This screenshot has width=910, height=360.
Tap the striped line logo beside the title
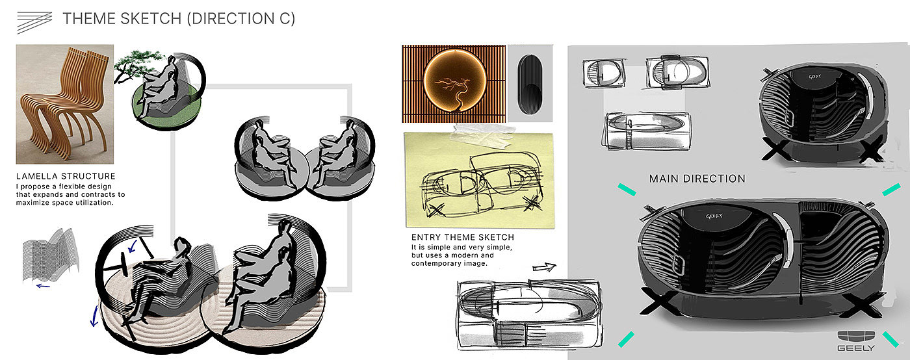pos(34,22)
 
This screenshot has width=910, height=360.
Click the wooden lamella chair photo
pos(65,104)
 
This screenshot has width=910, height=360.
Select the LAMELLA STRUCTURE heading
pos(66,176)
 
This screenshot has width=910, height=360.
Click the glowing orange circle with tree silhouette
pos(454,81)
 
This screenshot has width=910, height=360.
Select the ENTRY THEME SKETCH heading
pos(463,237)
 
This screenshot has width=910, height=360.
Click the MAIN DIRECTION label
pos(697,179)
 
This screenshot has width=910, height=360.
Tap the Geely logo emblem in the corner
pos(856,337)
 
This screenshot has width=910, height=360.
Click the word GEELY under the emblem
pos(856,348)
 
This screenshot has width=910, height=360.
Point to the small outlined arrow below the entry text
pos(545,267)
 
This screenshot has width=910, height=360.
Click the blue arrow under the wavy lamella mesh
pos(43,286)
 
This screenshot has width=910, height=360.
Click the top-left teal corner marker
pos(627,189)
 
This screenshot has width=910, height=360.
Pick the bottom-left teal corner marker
pos(626,339)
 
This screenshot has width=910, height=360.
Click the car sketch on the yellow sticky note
pos(482,183)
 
